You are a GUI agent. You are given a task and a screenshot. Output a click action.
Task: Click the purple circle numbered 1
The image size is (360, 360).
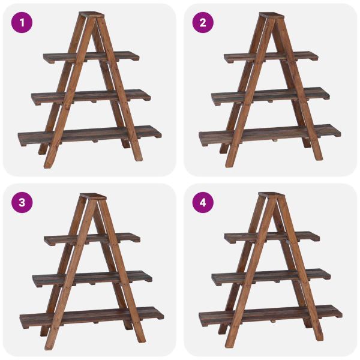[22, 23]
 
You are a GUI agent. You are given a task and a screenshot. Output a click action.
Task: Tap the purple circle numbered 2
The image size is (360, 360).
[203, 23]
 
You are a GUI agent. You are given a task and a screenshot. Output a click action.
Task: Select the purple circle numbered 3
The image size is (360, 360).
[22, 203]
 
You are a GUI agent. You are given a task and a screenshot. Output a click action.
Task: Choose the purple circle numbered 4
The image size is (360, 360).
[203, 203]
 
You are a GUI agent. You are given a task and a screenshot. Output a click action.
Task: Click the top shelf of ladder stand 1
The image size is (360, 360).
[91, 57]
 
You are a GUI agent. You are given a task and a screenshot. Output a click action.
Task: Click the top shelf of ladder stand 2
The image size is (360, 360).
[271, 57]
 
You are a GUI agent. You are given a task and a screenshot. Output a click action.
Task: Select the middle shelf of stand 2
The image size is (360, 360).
[271, 96]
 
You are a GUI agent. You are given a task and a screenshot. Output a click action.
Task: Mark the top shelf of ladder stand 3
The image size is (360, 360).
[92, 239]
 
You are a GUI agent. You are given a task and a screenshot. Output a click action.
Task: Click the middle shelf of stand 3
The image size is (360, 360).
[92, 278]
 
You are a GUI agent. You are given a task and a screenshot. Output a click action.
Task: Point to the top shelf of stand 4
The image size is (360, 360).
[272, 238]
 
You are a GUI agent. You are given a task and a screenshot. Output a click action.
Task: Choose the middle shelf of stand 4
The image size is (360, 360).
[271, 277]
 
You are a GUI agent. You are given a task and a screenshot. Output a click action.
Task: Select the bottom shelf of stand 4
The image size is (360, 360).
[271, 316]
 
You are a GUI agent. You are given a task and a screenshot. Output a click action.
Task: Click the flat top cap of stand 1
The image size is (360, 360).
[91, 14]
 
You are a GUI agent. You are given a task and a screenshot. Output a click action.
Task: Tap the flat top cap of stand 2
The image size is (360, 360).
[272, 16]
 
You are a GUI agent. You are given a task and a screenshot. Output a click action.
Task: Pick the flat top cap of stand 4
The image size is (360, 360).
[271, 196]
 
